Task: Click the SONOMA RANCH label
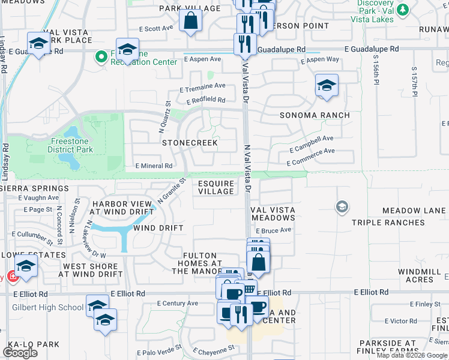pyautogui.click(x=314, y=115)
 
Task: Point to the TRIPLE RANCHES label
pyautogui.click(x=388, y=223)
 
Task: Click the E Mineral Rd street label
pyautogui.click(x=154, y=166)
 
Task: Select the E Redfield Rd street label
pyautogui.click(x=205, y=101)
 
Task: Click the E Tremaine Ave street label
pyautogui.click(x=202, y=88)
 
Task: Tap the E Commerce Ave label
pyautogui.click(x=310, y=157)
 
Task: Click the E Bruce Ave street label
pyautogui.click(x=273, y=230)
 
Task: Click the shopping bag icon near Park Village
pyautogui.click(x=190, y=21)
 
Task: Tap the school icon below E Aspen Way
pyautogui.click(x=326, y=86)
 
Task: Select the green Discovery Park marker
pyautogui.click(x=402, y=10)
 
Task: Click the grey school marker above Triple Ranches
pyautogui.click(x=342, y=207)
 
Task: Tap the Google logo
pyautogui.click(x=20, y=353)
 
